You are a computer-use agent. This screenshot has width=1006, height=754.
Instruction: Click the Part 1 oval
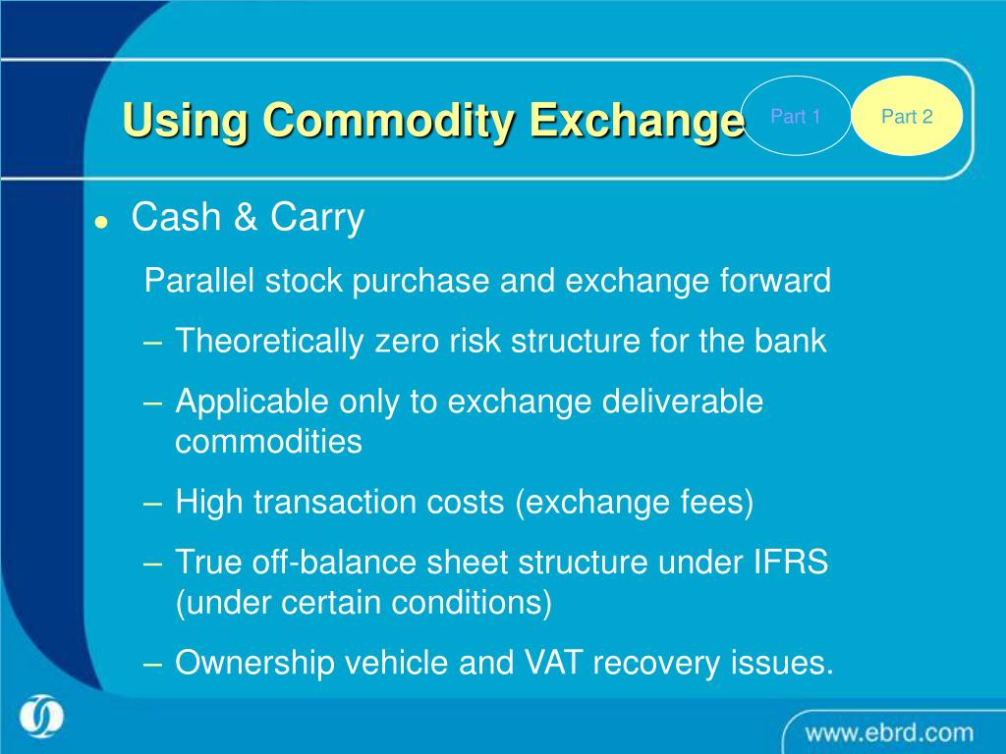[795, 117]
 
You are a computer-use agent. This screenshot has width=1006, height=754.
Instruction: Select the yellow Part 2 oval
[906, 117]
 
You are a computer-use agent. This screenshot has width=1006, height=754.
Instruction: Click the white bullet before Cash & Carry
[100, 222]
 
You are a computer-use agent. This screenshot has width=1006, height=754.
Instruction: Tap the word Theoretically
[269, 342]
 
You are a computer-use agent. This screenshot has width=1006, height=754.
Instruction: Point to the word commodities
[268, 443]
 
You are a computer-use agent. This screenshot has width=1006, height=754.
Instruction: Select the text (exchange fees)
[635, 503]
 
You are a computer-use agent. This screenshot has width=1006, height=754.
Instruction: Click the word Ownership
[253, 664]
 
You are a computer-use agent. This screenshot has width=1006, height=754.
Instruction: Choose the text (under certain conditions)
[363, 603]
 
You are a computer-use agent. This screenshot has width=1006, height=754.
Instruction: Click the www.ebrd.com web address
[889, 732]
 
